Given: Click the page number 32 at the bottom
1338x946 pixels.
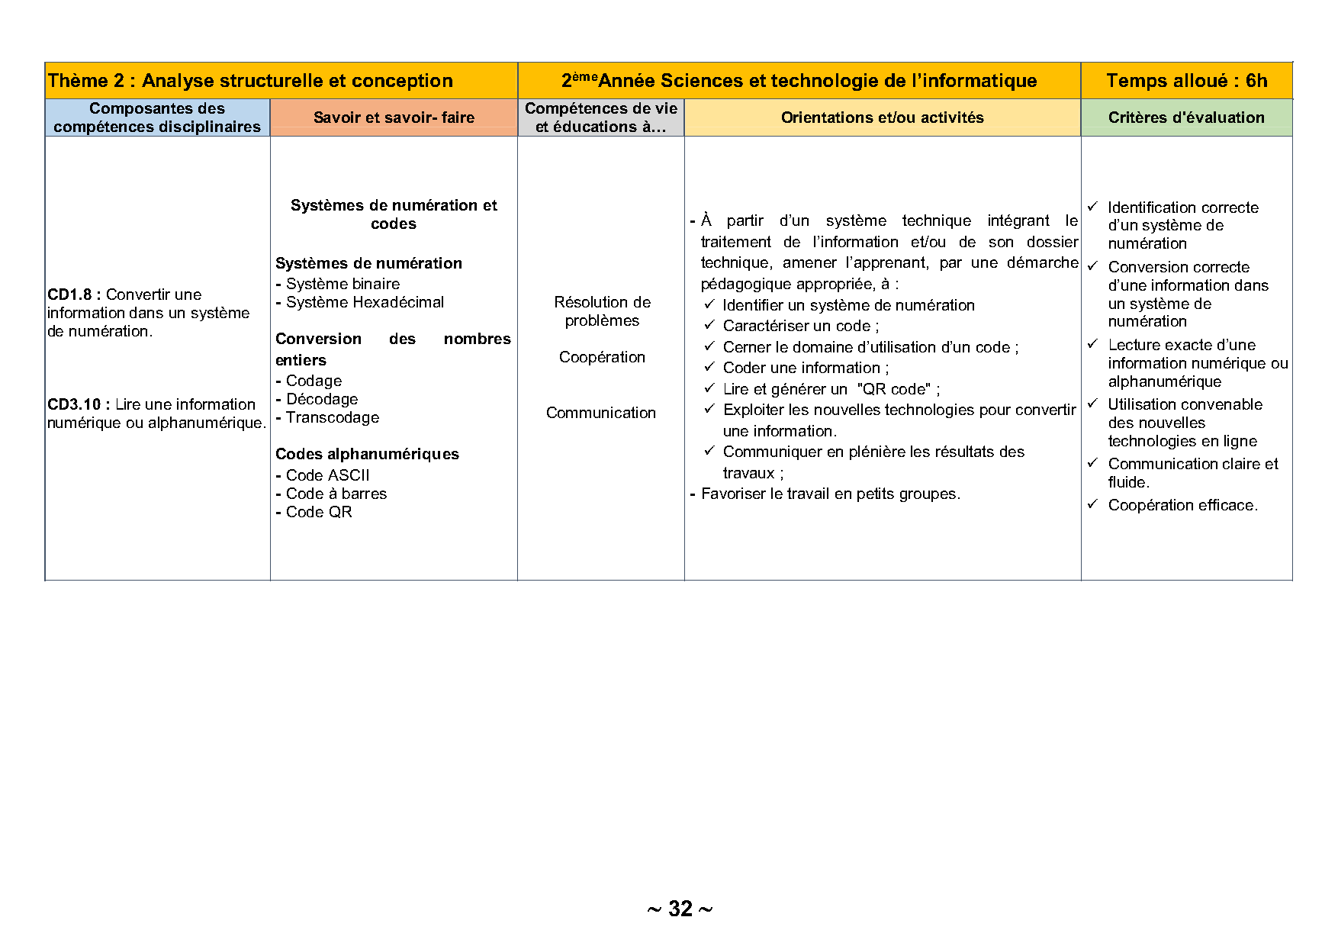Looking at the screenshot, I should pos(680,909).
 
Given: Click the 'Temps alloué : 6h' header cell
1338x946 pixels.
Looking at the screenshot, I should pos(1186,81).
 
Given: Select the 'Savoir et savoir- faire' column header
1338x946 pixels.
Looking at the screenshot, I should pos(394,117).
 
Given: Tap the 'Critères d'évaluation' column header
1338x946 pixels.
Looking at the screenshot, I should pos(1186,117).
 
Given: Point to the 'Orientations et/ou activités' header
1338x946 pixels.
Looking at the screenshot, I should pos(882,117).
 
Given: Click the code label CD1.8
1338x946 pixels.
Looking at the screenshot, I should pos(73,294).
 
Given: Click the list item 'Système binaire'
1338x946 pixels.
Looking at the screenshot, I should pos(343,284).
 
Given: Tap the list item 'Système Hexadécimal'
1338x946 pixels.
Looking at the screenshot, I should pos(365,302).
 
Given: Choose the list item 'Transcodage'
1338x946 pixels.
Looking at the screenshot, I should pos(332,417).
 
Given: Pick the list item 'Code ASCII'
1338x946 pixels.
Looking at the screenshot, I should pos(327,475).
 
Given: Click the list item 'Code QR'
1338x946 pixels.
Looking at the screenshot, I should pos(319,512).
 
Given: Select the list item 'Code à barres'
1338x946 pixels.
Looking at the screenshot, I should pos(336,494).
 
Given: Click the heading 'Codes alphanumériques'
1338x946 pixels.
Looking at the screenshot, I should pos(367,454).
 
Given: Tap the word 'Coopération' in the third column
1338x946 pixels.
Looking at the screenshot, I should pos(602,357).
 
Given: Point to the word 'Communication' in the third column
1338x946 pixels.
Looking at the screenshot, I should pos(600,413).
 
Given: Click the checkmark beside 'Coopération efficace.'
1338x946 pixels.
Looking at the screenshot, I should pos(1092,504).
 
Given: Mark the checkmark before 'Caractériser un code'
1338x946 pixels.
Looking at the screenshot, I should pos(709,325).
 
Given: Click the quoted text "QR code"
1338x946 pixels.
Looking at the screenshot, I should pos(893,389).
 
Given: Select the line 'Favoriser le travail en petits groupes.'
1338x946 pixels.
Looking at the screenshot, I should pos(830,494).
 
